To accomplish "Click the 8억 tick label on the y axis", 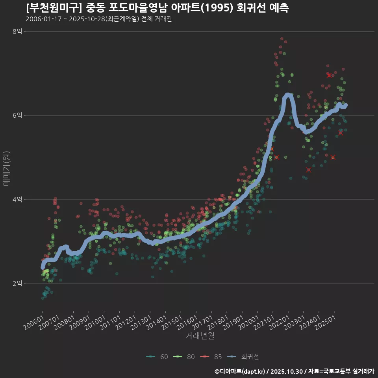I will click(x=18, y=31).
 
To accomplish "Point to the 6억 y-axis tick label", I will click(x=18, y=115).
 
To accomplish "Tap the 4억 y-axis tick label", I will click(x=18, y=199).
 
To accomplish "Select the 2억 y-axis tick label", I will click(x=18, y=283).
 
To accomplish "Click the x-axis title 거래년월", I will click(x=200, y=336).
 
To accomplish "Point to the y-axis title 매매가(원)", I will click(x=6, y=169).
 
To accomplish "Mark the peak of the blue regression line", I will click(x=288, y=94).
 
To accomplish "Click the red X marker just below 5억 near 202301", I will click(x=309, y=170).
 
